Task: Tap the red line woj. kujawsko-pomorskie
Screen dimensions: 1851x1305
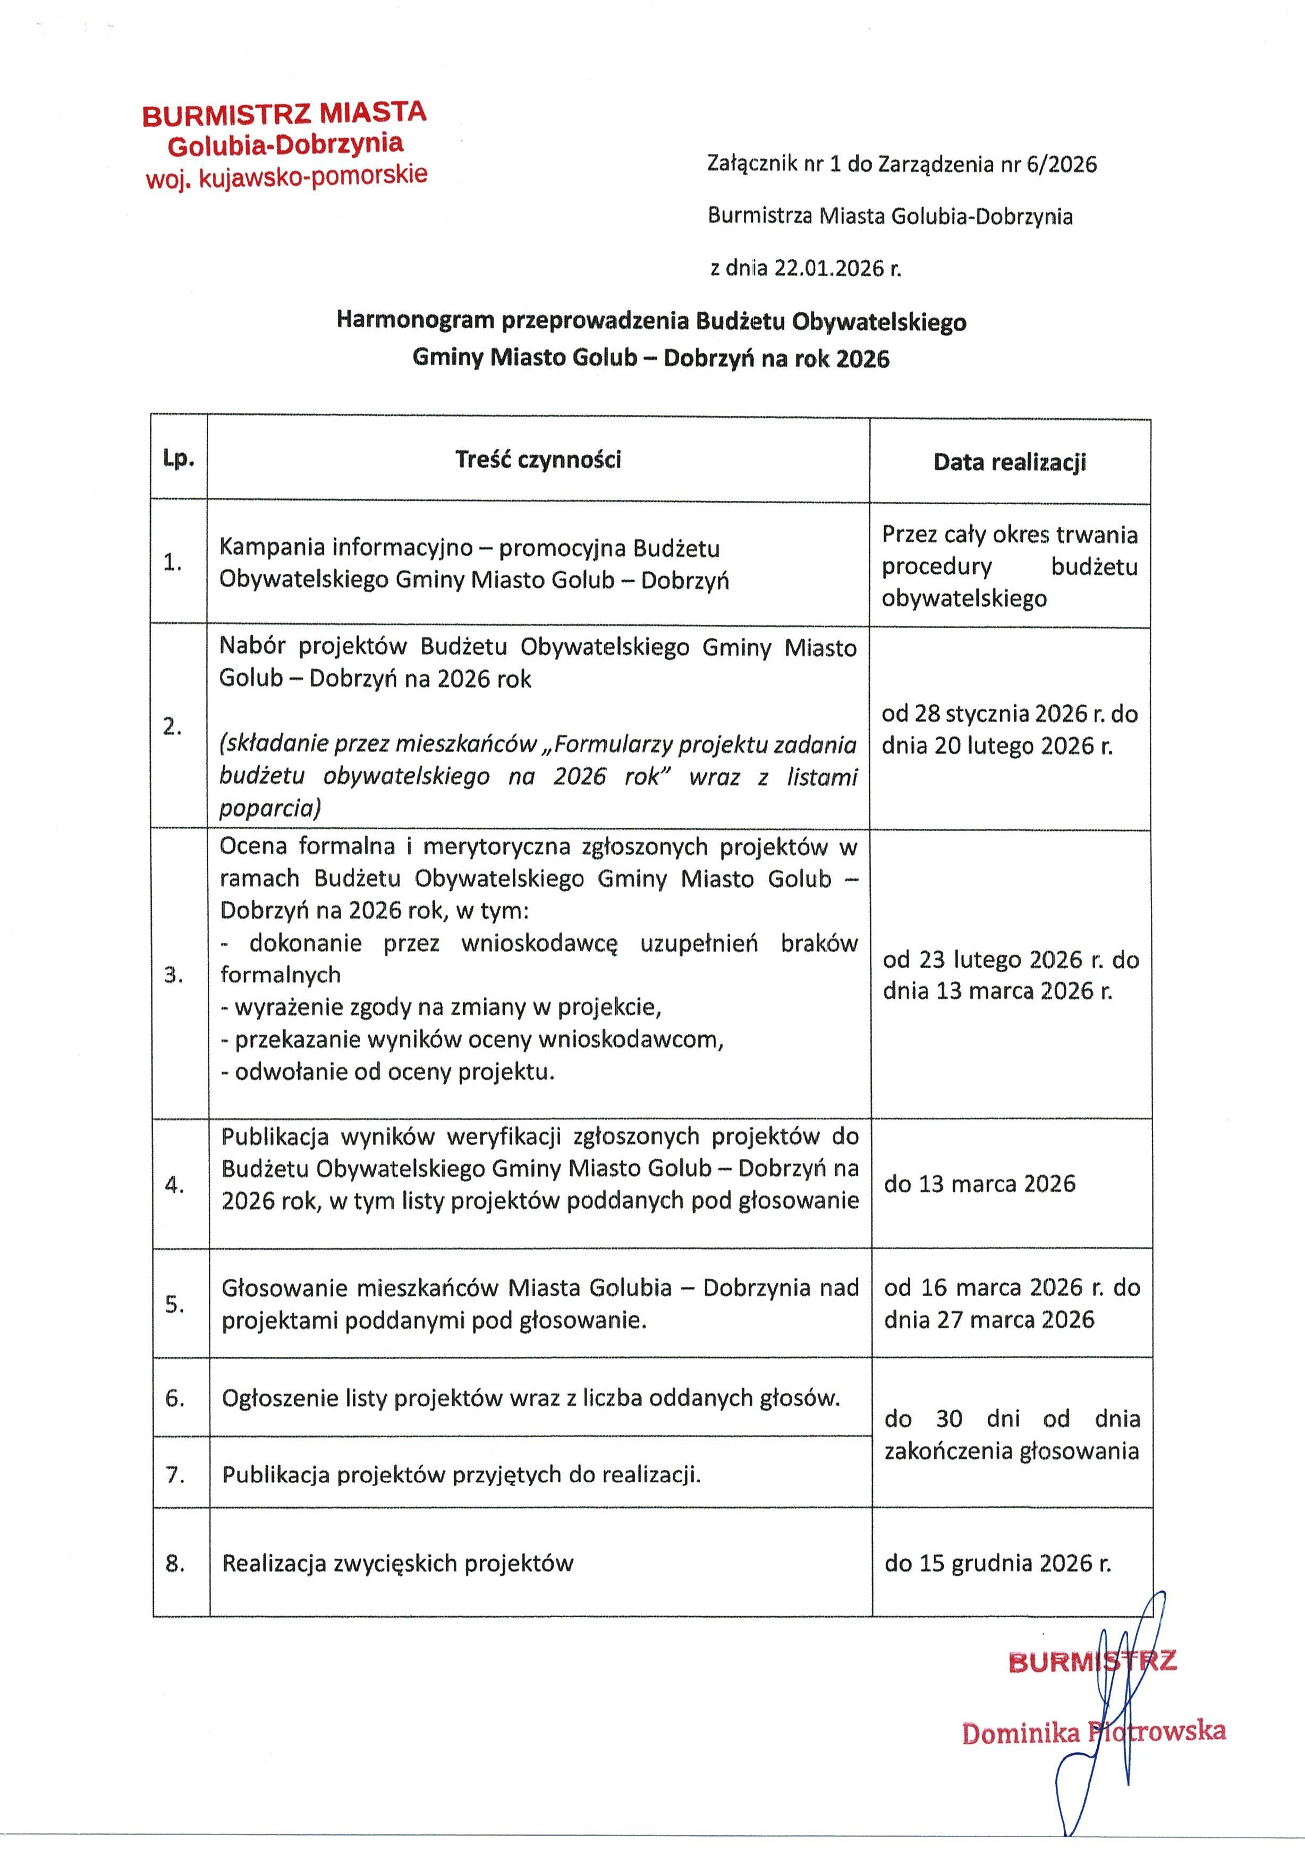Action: (286, 176)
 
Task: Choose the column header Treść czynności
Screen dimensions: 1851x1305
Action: (538, 460)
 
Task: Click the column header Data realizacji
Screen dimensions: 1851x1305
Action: (1009, 462)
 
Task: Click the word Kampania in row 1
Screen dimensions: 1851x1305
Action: (264, 547)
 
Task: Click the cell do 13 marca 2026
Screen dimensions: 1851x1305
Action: (979, 1184)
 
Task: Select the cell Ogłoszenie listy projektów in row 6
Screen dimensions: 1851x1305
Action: (530, 1398)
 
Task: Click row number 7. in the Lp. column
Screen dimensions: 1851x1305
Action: (175, 1474)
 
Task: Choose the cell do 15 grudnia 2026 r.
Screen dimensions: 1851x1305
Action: (997, 1563)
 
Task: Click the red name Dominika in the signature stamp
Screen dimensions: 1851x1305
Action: (1020, 1733)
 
